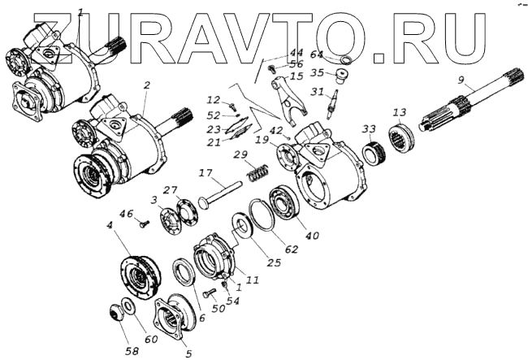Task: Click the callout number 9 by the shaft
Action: tap(461, 80)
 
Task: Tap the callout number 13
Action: tap(399, 112)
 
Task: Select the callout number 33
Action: tap(369, 128)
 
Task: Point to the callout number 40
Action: tap(313, 236)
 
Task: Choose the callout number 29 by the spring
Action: tap(240, 155)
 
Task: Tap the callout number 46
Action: tap(125, 213)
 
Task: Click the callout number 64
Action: tap(316, 54)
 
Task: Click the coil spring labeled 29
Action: tap(258, 173)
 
